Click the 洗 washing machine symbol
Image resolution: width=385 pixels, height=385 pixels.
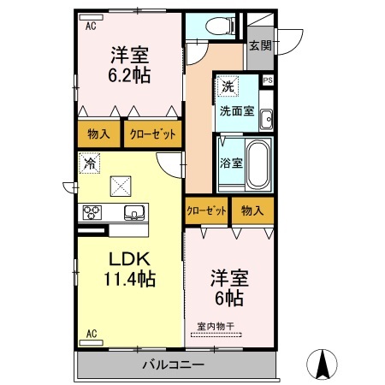227,86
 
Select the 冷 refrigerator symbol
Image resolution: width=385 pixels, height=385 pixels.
89,161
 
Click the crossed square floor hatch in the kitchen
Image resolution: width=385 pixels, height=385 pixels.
121,185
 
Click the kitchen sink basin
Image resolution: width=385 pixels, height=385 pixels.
133,212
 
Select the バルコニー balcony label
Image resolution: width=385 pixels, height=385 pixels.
173,366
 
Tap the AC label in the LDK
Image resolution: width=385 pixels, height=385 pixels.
91,333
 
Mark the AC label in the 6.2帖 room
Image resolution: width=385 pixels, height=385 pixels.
91,27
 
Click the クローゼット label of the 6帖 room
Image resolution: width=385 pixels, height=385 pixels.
206,210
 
